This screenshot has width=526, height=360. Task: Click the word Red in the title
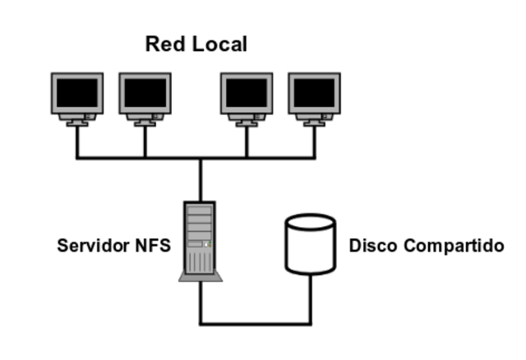[164, 44]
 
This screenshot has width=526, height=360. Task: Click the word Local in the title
[219, 44]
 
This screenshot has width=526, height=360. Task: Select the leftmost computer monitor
[78, 98]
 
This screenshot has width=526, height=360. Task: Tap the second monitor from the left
[145, 98]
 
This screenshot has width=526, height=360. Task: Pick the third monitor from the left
[247, 98]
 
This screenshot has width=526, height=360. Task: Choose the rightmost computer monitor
[314, 98]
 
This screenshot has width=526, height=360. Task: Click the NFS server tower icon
[200, 238]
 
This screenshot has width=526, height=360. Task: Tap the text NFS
[153, 246]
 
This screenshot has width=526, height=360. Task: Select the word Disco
[371, 246]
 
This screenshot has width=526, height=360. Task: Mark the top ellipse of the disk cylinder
[310, 223]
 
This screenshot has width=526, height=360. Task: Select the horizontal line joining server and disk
[255, 323]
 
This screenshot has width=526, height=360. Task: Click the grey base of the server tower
[201, 277]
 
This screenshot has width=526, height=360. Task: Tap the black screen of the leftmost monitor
[78, 93]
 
